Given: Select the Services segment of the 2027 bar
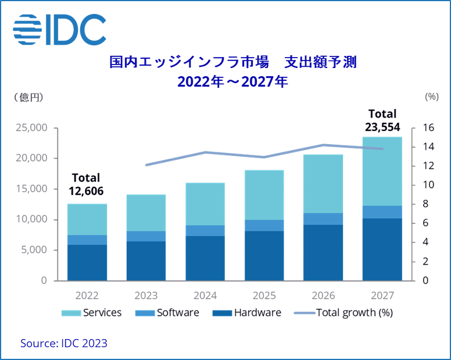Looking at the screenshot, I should tap(382, 171).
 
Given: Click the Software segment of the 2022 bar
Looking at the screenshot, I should tap(87, 240).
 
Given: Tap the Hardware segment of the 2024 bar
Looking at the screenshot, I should tap(205, 258).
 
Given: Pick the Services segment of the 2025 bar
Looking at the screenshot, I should tap(264, 195).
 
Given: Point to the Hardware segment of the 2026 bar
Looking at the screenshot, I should tap(323, 252).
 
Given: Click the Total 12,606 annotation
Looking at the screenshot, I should tap(86, 183).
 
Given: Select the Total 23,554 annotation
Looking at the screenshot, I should tap(381, 120).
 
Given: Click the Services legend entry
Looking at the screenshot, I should tap(92, 312).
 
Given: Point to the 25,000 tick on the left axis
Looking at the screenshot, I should tap(31, 128).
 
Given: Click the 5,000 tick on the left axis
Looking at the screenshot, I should tap(34, 250).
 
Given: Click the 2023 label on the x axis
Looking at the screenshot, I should tap(146, 295).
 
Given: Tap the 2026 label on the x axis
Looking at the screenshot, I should tap(323, 295).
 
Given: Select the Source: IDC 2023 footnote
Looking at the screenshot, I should tap(64, 343).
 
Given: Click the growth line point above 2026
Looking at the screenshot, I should tap(323, 145).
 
